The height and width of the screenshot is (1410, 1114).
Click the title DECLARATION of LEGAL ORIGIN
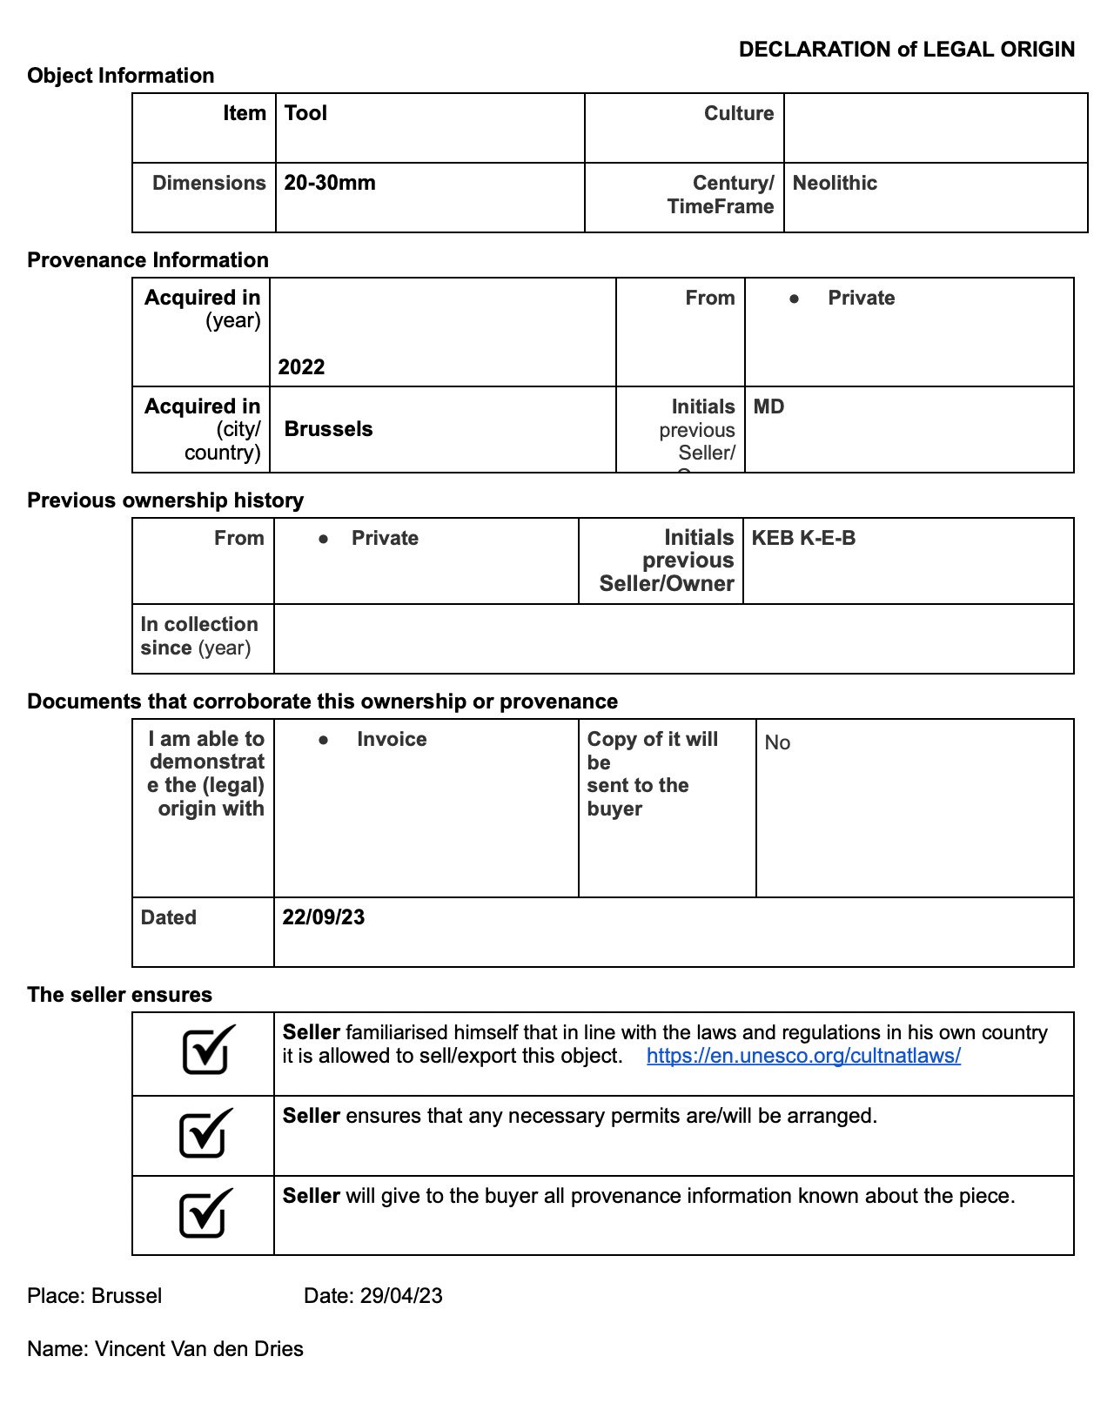[906, 50]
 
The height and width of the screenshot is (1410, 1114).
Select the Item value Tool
[305, 113]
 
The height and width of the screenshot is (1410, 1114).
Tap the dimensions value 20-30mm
[330, 183]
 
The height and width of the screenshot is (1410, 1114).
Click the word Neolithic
[835, 183]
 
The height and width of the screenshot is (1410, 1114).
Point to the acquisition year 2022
[301, 366]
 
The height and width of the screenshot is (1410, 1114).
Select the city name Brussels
[328, 429]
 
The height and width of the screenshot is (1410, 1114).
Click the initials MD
[768, 406]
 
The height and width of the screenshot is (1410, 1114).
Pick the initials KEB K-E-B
[803, 538]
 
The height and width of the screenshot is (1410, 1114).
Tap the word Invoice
[392, 739]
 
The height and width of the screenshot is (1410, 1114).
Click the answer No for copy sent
[777, 742]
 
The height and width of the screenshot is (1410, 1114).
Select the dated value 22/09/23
[323, 917]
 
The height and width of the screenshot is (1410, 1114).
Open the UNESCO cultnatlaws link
[803, 1056]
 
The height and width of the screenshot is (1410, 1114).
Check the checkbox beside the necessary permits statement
[205, 1133]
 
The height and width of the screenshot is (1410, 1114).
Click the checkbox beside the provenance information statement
[205, 1213]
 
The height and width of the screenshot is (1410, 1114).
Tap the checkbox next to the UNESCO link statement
[208, 1050]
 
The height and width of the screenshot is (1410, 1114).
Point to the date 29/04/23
[400, 1296]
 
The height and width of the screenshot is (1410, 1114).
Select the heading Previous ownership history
[165, 500]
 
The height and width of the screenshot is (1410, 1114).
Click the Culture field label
[739, 113]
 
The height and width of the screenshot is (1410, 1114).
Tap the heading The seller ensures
[119, 995]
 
